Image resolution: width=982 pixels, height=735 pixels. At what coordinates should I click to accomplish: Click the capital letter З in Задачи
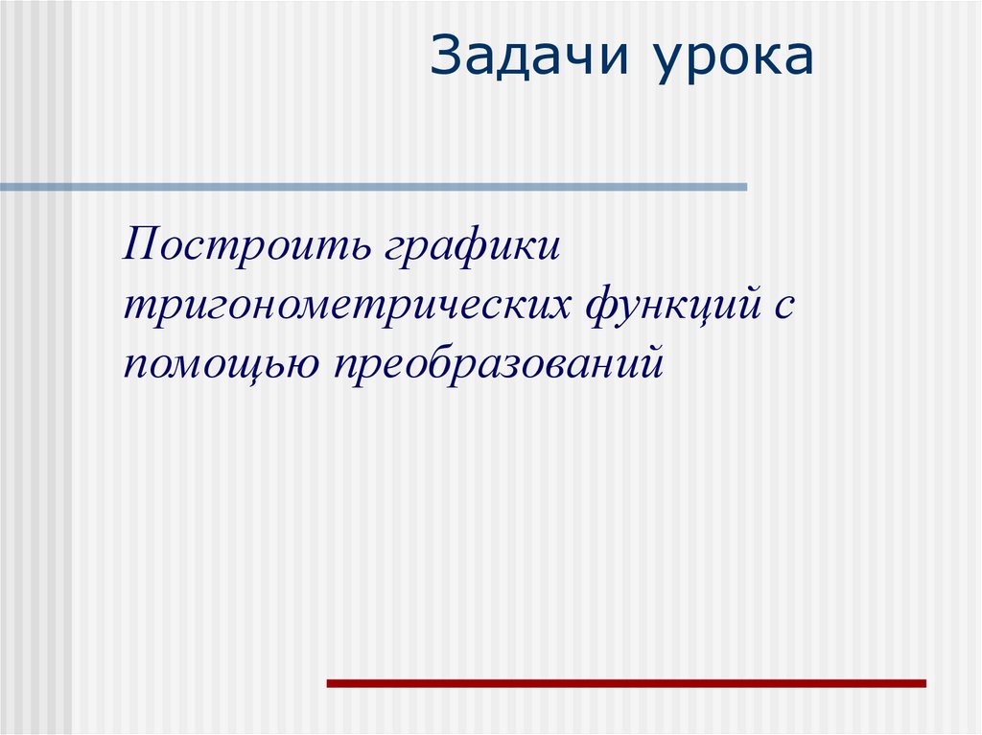pos(445,58)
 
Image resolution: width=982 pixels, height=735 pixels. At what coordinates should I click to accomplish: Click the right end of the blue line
pos(744,187)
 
